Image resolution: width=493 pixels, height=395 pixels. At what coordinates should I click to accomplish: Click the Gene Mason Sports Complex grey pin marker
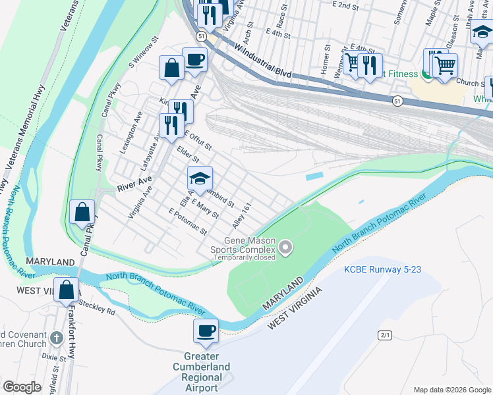click(x=285, y=248)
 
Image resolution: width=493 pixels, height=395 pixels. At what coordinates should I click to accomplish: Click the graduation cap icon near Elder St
click(x=200, y=178)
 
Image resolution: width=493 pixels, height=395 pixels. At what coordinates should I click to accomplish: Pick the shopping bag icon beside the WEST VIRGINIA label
click(x=67, y=290)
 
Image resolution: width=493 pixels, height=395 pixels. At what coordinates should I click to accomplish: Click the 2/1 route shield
click(x=385, y=335)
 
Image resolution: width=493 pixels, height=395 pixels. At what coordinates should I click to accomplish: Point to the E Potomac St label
click(x=188, y=222)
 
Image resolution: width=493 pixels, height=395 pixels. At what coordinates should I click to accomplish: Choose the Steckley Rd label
click(x=97, y=307)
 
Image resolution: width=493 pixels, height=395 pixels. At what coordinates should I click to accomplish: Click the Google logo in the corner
click(x=22, y=387)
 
